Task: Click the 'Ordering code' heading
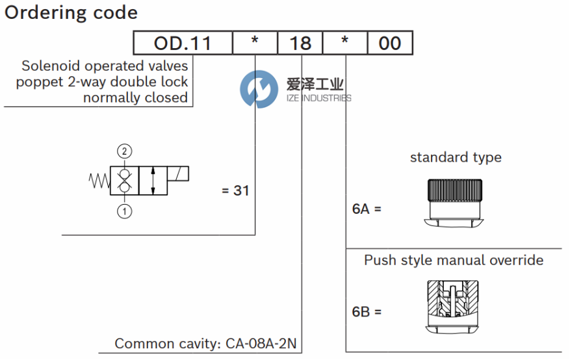[x=71, y=12]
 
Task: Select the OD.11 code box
[x=183, y=44]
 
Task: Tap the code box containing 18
[x=300, y=44]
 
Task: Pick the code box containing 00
[x=390, y=44]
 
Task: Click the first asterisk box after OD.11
[x=255, y=44]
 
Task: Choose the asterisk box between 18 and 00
[x=345, y=44]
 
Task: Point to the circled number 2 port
[x=125, y=151]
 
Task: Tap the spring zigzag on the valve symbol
[x=99, y=180]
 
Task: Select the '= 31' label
[x=235, y=191]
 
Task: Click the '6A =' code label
[x=367, y=209]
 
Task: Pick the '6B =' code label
[x=367, y=312]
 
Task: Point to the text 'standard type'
[x=456, y=157]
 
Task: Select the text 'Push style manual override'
[x=454, y=261]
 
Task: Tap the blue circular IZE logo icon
[x=259, y=90]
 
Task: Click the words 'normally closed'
[x=135, y=97]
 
